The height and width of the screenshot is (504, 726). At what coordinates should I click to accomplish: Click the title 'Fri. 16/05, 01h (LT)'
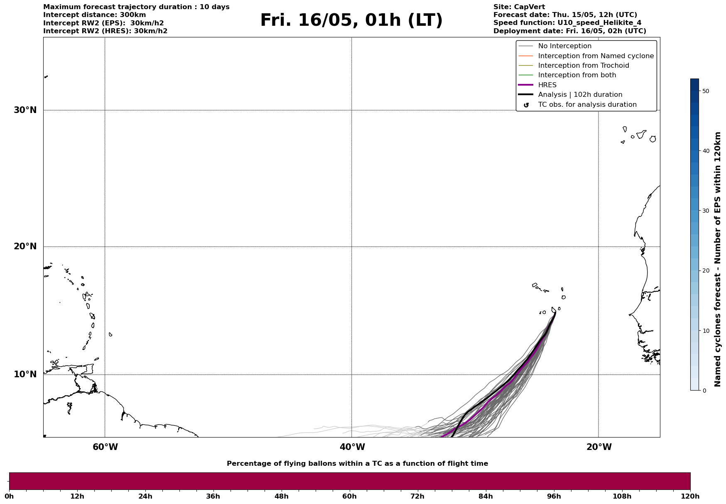351,20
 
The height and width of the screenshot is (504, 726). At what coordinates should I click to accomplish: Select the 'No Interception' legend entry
564,46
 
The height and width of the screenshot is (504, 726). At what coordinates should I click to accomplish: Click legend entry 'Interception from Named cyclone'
596,56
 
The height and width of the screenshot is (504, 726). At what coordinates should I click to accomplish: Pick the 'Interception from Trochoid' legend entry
583,66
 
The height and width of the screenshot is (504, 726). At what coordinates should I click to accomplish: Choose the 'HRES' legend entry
547,85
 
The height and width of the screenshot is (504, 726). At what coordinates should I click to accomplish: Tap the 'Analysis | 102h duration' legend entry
580,95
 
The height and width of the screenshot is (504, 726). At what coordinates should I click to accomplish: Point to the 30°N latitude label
25,110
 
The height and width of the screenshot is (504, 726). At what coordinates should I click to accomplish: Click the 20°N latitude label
25,246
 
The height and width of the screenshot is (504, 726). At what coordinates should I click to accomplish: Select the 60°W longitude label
105,447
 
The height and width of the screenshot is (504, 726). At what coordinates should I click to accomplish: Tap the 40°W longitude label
352,447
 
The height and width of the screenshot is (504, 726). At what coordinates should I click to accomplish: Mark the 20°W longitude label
599,447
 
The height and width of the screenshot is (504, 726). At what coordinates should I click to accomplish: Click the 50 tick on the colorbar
705,91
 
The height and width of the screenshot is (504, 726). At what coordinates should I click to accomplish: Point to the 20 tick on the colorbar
705,270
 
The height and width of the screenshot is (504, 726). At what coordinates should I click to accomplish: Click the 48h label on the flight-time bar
281,497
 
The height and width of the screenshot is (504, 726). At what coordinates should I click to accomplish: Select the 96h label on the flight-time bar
554,497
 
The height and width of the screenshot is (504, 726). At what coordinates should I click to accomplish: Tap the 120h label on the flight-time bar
690,497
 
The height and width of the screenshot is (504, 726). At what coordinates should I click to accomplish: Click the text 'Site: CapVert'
519,7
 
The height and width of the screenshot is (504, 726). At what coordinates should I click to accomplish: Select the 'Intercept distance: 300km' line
94,15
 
